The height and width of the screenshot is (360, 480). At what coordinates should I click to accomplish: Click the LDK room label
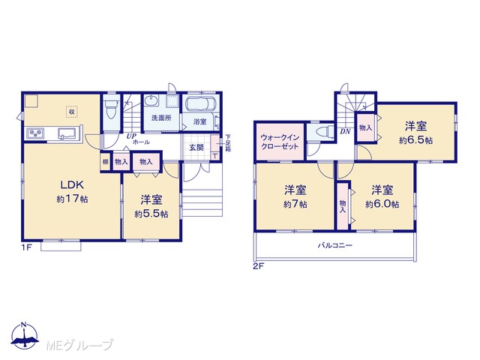tap(72, 184)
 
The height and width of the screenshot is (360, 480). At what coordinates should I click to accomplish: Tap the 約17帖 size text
tap(72, 199)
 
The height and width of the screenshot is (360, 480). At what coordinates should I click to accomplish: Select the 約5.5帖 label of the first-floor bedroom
tap(151, 214)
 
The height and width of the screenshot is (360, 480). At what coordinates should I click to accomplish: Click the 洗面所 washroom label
tap(161, 118)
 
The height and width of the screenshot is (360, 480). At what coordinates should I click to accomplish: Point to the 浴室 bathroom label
tap(200, 121)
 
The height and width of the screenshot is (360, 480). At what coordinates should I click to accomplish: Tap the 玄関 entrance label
tap(196, 148)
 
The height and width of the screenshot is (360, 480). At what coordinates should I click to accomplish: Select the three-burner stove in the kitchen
tap(35, 133)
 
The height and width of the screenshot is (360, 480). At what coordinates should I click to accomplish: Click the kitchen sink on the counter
tap(67, 133)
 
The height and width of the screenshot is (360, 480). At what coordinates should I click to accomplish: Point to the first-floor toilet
tap(111, 109)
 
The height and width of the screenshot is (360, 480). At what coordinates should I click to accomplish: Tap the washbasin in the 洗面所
tap(151, 100)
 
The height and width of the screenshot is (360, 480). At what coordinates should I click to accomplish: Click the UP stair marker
tap(132, 136)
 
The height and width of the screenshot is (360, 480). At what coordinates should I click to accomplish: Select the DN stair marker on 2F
tap(345, 132)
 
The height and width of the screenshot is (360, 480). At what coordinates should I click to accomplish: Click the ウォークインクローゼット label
tap(280, 142)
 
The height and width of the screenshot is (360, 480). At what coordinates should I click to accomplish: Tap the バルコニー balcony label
tap(335, 245)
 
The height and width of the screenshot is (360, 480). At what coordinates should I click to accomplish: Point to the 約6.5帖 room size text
tap(415, 140)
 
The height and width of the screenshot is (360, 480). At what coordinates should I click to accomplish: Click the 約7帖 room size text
tap(295, 204)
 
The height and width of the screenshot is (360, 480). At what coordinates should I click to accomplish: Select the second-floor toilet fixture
tap(325, 132)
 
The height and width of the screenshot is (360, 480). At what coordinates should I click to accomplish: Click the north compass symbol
tap(25, 335)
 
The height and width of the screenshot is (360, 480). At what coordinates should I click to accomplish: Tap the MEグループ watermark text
tap(80, 345)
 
